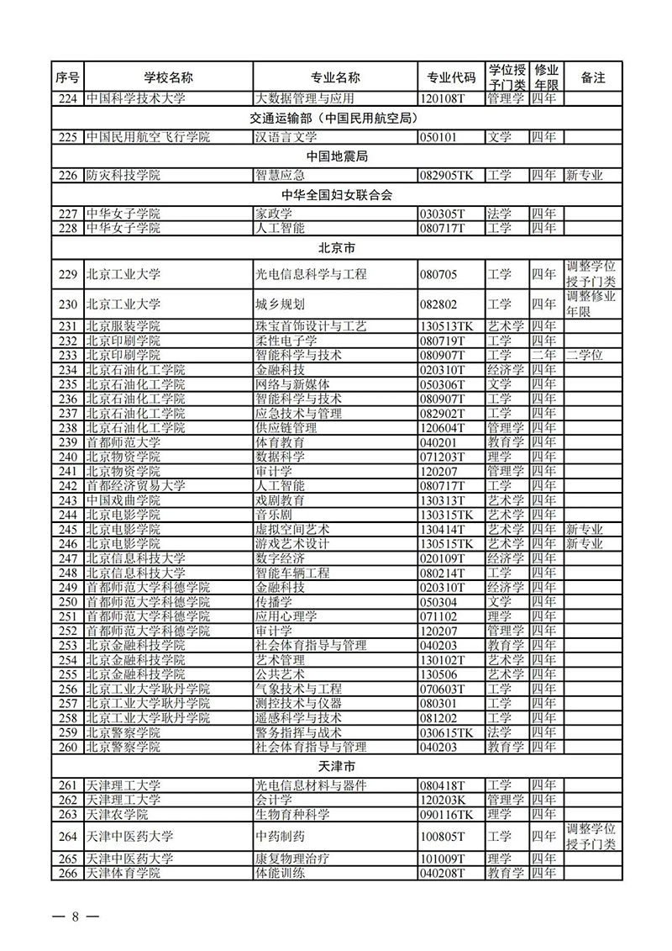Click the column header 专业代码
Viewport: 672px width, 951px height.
point(451,77)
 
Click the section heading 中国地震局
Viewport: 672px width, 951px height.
point(337,156)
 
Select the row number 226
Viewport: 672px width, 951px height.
point(68,176)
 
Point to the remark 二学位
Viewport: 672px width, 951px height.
point(585,355)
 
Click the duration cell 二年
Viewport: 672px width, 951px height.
point(543,355)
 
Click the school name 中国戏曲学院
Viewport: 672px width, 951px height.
point(123,500)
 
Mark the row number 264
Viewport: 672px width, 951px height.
point(68,836)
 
